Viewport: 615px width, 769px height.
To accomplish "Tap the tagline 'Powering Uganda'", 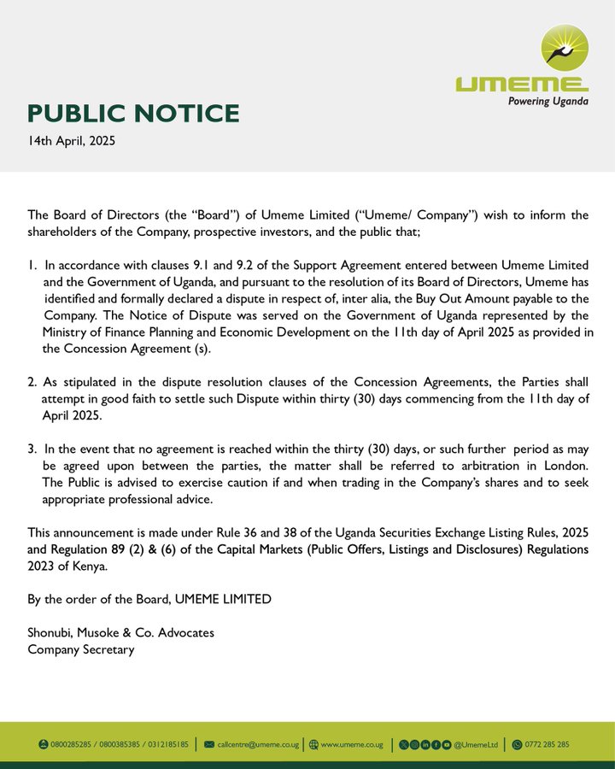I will click(548, 101).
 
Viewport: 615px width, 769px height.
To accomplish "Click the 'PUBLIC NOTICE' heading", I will click(133, 114).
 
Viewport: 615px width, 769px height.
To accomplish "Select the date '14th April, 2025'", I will click(71, 140).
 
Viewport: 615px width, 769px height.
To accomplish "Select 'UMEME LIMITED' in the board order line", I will click(223, 599).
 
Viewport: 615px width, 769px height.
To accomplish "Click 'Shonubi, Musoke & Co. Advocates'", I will click(120, 632).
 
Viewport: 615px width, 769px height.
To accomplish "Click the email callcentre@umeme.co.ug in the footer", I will click(258, 744).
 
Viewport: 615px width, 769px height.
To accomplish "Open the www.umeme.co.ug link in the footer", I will click(351, 744).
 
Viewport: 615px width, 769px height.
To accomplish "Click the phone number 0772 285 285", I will click(547, 744).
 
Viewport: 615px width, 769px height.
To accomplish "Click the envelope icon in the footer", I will click(209, 744).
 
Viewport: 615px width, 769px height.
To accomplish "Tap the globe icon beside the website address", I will click(313, 744).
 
